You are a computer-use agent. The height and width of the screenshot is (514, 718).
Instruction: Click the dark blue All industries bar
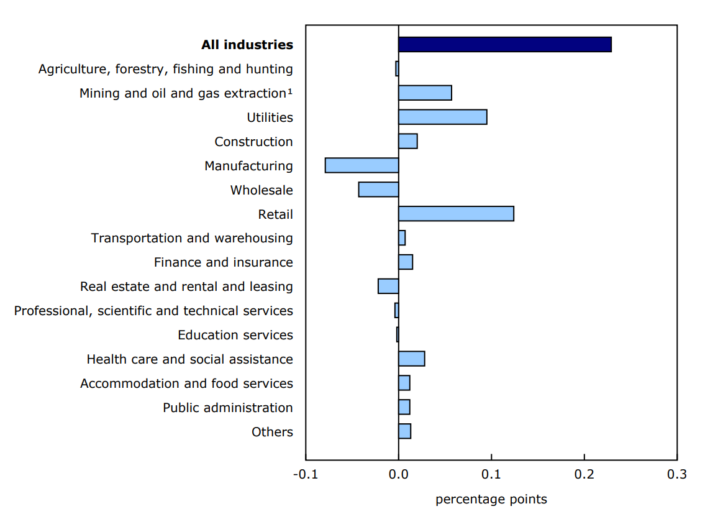504,45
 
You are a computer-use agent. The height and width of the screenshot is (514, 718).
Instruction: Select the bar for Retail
456,214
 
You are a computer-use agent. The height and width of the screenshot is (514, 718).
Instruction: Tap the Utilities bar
442,117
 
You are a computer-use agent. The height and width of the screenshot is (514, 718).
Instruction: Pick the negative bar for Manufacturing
361,165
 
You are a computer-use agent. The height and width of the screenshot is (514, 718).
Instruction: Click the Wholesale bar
378,190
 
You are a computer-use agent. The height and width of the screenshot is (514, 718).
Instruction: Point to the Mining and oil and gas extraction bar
425,93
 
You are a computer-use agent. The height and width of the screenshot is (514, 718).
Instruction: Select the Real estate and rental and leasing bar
388,287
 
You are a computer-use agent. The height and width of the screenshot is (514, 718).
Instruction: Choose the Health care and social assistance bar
411,359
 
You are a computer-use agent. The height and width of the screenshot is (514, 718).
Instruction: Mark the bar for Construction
407,141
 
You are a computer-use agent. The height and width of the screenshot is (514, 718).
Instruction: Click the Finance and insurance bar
406,262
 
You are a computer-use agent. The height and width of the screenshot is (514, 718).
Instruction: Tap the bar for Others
404,431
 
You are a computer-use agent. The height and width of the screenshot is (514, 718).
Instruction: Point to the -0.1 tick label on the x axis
305,475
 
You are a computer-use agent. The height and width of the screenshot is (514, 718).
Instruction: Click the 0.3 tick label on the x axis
676,475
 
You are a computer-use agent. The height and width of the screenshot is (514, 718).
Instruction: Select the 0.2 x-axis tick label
584,475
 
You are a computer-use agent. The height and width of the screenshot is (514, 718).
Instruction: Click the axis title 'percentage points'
491,500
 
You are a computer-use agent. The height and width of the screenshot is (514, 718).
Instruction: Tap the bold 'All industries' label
247,45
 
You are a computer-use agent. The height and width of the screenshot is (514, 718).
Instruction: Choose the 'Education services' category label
235,335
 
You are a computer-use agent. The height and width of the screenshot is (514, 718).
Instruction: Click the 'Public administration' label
227,408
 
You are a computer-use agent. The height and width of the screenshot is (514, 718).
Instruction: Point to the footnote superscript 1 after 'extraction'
289,91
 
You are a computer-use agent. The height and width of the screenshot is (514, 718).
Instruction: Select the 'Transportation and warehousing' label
192,238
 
